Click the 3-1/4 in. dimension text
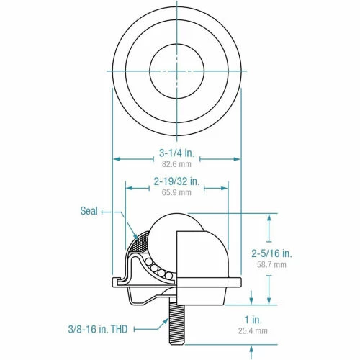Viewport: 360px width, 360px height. point(176,153)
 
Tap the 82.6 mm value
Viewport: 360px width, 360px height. point(176,164)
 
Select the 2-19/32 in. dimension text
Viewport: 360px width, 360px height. point(176,181)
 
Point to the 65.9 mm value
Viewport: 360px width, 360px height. point(176,192)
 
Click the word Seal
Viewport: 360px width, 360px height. point(89,212)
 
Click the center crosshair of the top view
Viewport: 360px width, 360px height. point(176,71)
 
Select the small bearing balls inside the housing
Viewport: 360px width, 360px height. point(157,269)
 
